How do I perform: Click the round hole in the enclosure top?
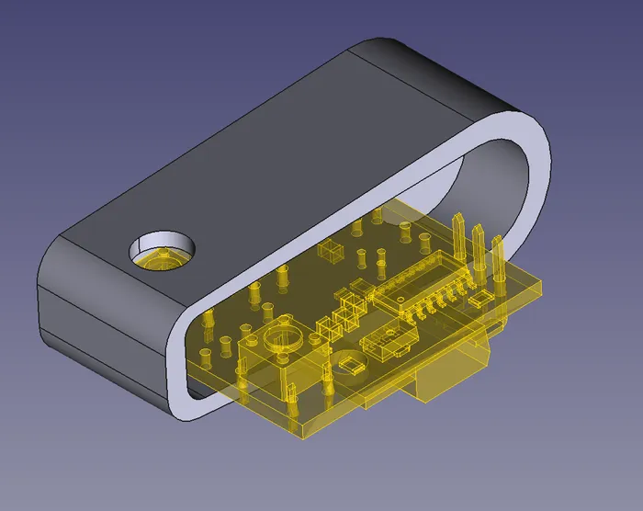tap(163, 249)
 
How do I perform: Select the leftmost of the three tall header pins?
tap(457, 241)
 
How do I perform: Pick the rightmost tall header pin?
tap(498, 262)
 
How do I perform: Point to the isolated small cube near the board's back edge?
tap(328, 250)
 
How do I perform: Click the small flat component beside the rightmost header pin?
tap(480, 299)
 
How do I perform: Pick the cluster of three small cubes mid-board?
tap(338, 312)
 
